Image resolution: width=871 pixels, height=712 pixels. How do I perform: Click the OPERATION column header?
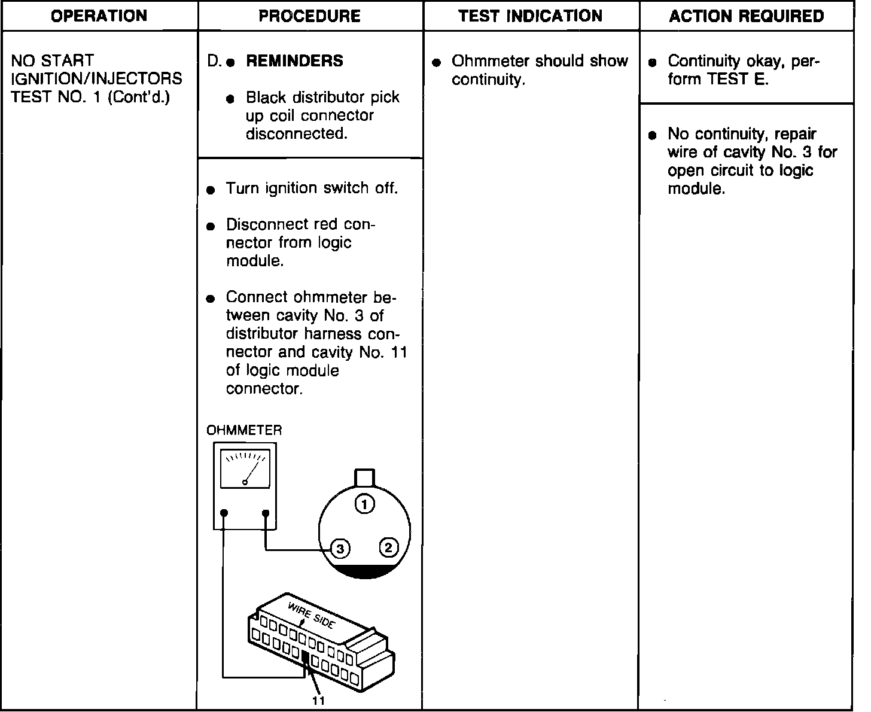(x=99, y=16)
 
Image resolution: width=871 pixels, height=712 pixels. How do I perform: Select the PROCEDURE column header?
(x=309, y=16)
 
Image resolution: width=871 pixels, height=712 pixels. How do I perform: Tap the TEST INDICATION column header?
(x=530, y=16)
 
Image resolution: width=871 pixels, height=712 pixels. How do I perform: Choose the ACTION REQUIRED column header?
(x=746, y=16)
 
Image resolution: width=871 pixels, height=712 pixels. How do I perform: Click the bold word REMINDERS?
(x=294, y=61)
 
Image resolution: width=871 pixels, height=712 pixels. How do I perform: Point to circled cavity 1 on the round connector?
(x=365, y=504)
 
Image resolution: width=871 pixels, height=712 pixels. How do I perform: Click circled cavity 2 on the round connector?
(x=388, y=547)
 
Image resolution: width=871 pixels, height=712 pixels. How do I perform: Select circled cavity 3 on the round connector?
(x=340, y=548)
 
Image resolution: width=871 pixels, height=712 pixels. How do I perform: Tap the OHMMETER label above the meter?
(x=244, y=430)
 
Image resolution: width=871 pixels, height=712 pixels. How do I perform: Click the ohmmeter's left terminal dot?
(x=224, y=513)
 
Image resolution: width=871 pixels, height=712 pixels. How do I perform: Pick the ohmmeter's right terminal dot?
(x=266, y=513)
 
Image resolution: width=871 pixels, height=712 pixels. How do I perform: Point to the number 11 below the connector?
(x=319, y=701)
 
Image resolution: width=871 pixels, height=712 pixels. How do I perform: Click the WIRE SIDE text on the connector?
(x=311, y=614)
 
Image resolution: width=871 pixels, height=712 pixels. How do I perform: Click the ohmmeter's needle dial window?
(x=245, y=468)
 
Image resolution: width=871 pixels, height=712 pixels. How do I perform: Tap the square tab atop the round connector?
(x=365, y=478)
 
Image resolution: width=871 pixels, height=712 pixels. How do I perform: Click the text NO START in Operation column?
(x=53, y=60)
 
